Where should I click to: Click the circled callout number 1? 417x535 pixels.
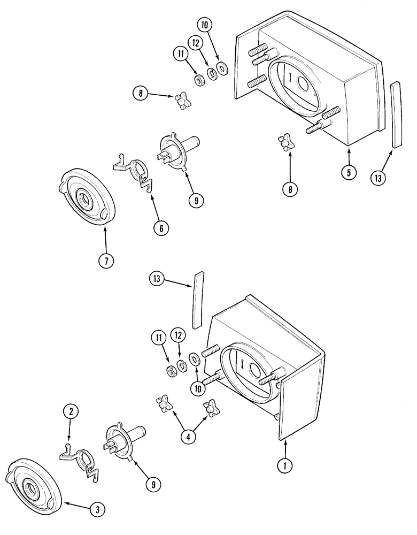[x=285, y=466]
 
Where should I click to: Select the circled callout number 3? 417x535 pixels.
[x=97, y=510]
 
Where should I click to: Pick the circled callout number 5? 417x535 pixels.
[x=349, y=172]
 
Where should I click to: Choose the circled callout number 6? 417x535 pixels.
[x=159, y=227]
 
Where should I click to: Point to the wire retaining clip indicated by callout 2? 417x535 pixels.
[x=80, y=455]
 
